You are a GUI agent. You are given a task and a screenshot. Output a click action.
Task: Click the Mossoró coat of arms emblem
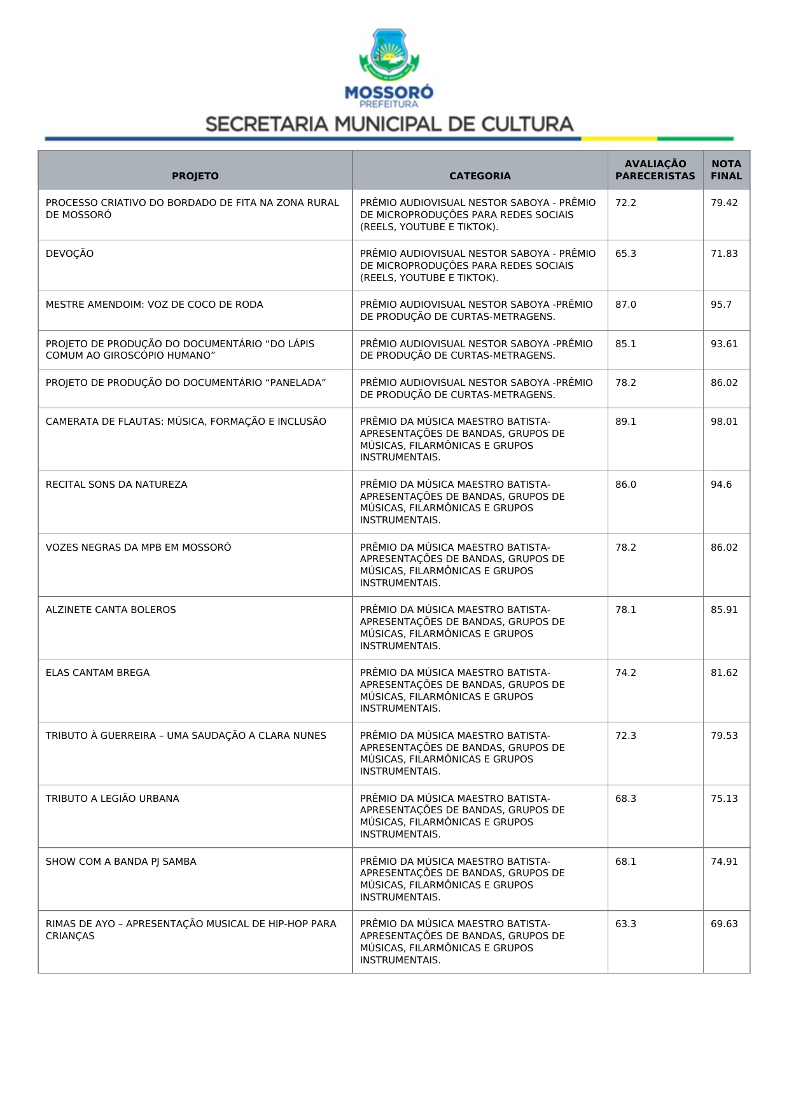click(x=389, y=54)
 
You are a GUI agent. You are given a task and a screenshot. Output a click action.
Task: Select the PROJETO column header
click(x=195, y=176)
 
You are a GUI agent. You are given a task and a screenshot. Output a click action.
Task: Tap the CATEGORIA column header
click(x=480, y=176)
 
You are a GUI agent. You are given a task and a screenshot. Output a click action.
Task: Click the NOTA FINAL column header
click(x=726, y=170)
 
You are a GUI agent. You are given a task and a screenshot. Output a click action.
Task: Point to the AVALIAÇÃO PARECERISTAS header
click(x=655, y=170)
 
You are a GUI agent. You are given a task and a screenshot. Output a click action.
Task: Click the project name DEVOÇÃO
click(x=69, y=254)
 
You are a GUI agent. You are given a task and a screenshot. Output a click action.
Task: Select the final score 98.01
click(x=724, y=422)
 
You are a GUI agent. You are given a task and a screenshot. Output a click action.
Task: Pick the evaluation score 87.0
click(x=625, y=305)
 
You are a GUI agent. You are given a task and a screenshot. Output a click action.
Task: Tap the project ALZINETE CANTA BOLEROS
click(x=111, y=610)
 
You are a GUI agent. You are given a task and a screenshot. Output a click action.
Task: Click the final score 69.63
click(x=724, y=924)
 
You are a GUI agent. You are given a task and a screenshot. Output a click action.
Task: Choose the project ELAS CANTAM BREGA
click(x=97, y=673)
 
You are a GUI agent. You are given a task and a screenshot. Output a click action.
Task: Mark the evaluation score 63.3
click(x=625, y=924)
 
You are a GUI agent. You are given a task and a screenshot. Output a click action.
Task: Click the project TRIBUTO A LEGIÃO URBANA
click(x=112, y=799)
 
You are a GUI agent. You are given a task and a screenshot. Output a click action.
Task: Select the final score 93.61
click(x=724, y=344)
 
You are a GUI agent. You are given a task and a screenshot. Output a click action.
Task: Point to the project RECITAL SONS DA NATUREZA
click(x=116, y=485)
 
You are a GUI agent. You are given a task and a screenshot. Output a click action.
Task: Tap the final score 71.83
click(x=724, y=254)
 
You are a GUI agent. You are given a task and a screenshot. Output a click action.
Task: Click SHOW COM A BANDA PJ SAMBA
click(x=121, y=862)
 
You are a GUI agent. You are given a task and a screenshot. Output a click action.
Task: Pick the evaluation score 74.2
click(x=625, y=673)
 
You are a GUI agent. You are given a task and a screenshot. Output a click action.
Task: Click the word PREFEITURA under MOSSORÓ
click(x=389, y=104)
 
